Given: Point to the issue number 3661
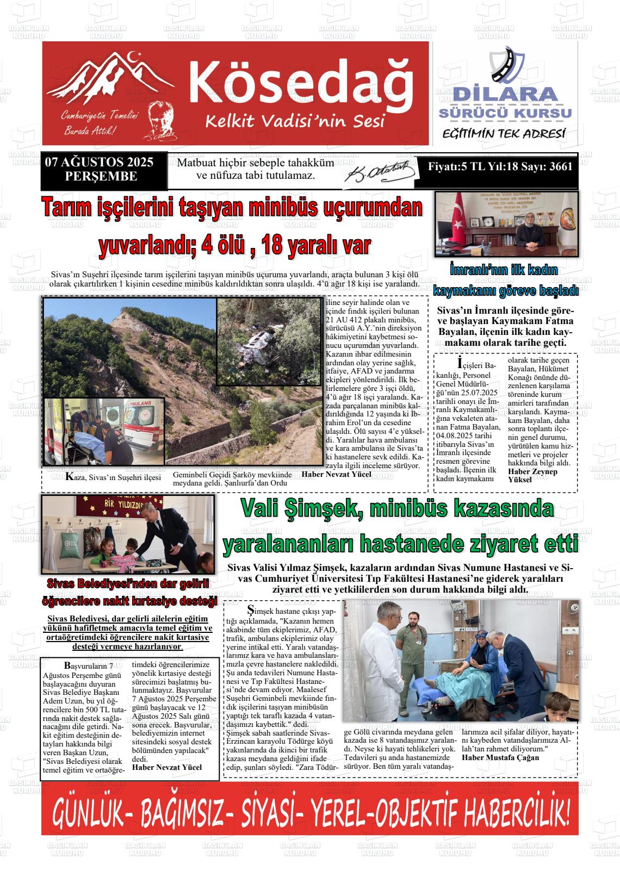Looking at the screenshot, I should point(561,167).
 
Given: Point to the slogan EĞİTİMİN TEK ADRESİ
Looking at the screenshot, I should point(504,134).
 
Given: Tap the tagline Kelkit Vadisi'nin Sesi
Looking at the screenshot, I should point(294,120).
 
